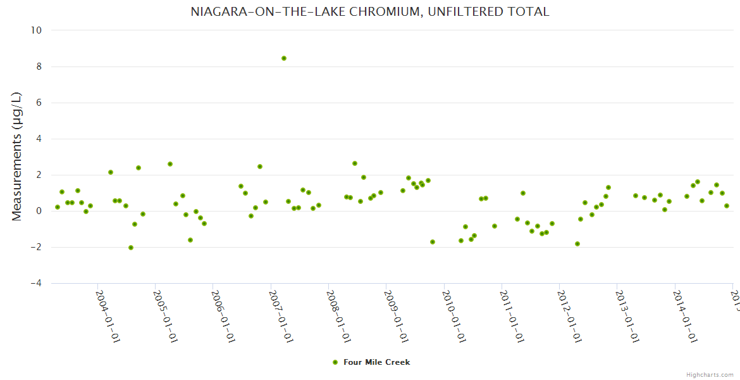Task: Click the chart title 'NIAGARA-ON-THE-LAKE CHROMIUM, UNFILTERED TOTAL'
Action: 370,12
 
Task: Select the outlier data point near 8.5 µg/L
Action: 284,58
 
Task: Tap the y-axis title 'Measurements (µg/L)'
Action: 17,156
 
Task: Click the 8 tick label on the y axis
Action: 39,66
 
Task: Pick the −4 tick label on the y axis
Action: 36,284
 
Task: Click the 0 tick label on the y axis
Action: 39,211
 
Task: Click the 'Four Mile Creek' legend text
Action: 377,362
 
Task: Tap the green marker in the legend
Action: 335,362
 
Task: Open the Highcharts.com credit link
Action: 710,374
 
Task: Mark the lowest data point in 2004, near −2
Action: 131,248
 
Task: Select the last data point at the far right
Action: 727,206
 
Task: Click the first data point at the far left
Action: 58,207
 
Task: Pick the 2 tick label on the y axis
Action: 39,175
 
